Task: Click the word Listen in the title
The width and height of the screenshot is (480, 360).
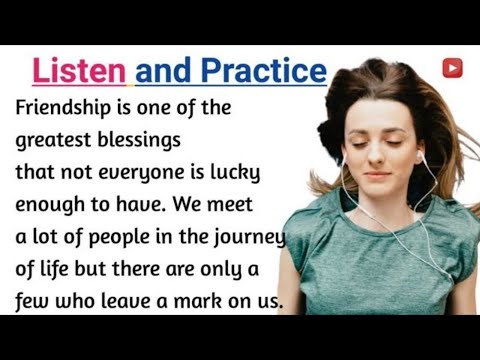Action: pos(79,72)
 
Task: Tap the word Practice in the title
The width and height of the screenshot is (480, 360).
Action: pos(264,72)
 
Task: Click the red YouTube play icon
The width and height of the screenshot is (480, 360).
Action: pos(452,67)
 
